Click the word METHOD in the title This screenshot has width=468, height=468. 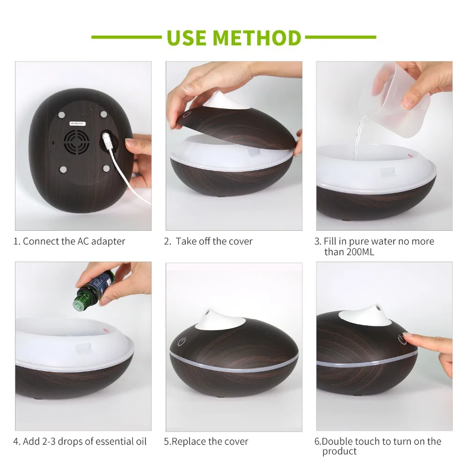click(x=257, y=37)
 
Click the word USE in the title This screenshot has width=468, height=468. click(x=187, y=37)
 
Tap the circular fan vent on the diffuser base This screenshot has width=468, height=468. click(x=76, y=142)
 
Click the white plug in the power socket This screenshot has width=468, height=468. click(x=107, y=140)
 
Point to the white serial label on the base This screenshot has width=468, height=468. click(x=78, y=123)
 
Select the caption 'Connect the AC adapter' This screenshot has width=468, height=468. click(x=74, y=241)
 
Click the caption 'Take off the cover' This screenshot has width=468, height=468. click(x=214, y=241)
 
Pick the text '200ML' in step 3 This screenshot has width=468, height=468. click(x=360, y=252)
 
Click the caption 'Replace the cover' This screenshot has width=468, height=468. click(x=210, y=441)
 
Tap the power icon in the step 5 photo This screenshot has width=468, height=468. click(x=182, y=342)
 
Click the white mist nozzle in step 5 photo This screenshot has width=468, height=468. click(x=221, y=320)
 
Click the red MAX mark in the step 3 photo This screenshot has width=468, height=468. click(x=411, y=156)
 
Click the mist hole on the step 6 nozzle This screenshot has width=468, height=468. click(x=379, y=307)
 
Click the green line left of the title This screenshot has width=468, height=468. click(x=126, y=37)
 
